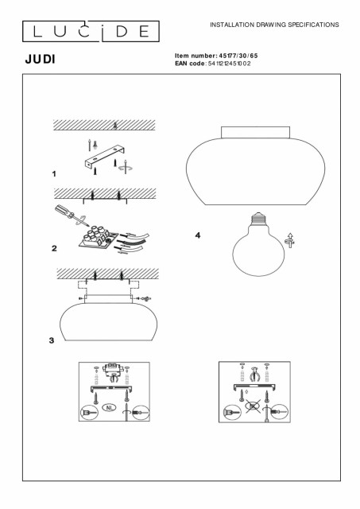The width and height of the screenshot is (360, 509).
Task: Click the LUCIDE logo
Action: (91, 32)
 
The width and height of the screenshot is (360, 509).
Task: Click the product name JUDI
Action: (41, 60)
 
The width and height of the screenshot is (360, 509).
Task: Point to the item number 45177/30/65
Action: (238, 56)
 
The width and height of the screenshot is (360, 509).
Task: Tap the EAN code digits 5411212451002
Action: (229, 64)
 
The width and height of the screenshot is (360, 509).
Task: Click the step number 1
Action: (54, 174)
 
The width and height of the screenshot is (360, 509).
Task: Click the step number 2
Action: (54, 248)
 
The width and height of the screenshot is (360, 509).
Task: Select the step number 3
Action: (52, 340)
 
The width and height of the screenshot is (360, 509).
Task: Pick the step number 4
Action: (198, 235)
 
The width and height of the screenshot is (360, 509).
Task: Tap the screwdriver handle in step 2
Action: (64, 210)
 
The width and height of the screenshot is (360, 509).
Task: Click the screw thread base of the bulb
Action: (257, 219)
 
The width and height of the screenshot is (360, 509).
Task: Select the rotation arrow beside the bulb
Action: (290, 240)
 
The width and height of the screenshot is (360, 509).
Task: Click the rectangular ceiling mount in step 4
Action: (256, 133)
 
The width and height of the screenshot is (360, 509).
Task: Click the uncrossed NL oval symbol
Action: (110, 407)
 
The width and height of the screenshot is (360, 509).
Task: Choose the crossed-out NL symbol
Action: (253, 406)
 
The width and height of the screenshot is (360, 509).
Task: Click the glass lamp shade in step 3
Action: (108, 322)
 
